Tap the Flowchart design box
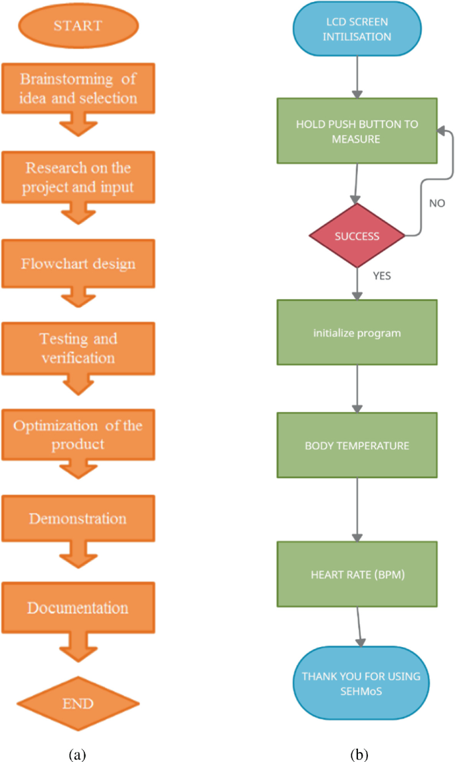tap(78, 264)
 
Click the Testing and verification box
tap(78, 347)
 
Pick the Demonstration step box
tap(78, 518)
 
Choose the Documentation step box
tap(78, 607)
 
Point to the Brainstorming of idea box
tap(78, 89)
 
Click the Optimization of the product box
tap(78, 434)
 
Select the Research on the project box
tap(78, 177)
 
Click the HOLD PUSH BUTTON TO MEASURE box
tap(357, 131)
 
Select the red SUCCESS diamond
tap(357, 236)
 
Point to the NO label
tap(437, 203)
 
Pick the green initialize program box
tap(357, 332)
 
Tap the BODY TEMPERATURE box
tap(357, 444)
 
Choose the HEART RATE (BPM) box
tap(357, 574)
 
